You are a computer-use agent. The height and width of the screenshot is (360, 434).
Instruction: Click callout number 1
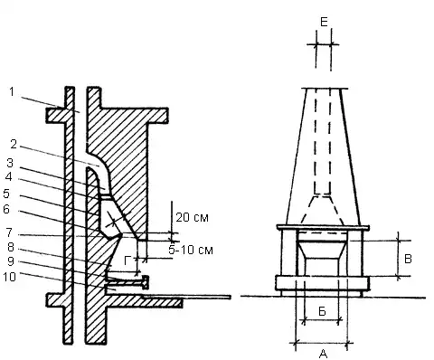coord(12,91)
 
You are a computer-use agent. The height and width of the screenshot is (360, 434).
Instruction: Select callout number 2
coord(14,144)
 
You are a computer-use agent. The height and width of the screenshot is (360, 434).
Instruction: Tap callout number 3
coord(10,163)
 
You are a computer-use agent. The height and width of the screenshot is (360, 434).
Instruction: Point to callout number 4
coord(9,177)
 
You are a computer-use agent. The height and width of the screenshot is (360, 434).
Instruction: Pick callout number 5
coord(6,194)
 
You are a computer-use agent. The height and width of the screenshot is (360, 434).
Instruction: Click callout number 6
coord(6,209)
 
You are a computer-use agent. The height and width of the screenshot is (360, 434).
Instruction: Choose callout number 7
coord(9,232)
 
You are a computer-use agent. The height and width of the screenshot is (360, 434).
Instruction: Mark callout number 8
coord(11,247)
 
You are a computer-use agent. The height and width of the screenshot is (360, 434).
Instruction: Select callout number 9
coord(11,261)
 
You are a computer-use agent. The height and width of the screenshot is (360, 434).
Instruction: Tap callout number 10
coord(9,277)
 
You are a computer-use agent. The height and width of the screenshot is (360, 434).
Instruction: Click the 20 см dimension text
coord(192,217)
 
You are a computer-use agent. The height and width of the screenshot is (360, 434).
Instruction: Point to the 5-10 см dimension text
coord(191,250)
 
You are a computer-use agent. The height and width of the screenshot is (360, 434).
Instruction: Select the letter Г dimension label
coord(127,261)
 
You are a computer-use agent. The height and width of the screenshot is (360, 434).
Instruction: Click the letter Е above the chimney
coord(324,22)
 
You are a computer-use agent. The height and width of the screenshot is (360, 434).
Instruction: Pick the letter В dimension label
coord(408,259)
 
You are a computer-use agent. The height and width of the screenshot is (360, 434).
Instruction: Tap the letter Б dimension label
coord(322,311)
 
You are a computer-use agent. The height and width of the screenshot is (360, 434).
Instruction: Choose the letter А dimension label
coord(323,354)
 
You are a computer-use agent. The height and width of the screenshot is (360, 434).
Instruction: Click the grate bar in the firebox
coord(127,281)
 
